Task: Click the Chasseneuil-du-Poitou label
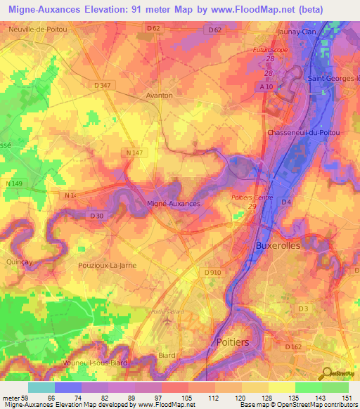[303, 133]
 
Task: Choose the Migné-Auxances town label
[174, 203]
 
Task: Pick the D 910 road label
[212, 272]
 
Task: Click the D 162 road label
[292, 346]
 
